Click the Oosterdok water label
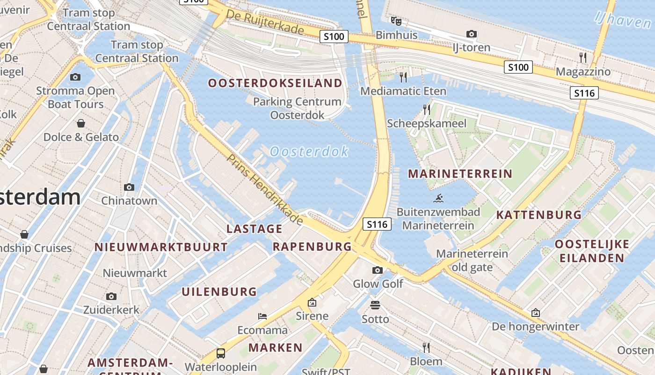click(x=309, y=151)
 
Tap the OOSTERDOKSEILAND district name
click(x=275, y=83)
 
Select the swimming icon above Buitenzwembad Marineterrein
click(x=438, y=199)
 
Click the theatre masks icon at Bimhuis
click(x=396, y=21)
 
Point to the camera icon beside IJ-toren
click(x=472, y=34)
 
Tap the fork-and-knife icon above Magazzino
click(x=583, y=58)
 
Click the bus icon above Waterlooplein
click(x=220, y=353)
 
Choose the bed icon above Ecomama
click(x=262, y=316)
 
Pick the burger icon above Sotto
click(x=375, y=305)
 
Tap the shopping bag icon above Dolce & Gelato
click(x=81, y=123)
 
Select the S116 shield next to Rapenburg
click(x=377, y=225)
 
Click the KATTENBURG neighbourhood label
click(x=539, y=215)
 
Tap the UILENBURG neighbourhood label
click(x=219, y=292)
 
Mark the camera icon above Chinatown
click(x=129, y=187)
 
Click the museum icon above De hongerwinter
click(x=535, y=313)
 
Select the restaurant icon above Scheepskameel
click(x=427, y=110)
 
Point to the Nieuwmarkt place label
click(x=135, y=273)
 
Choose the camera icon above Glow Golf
click(x=378, y=270)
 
